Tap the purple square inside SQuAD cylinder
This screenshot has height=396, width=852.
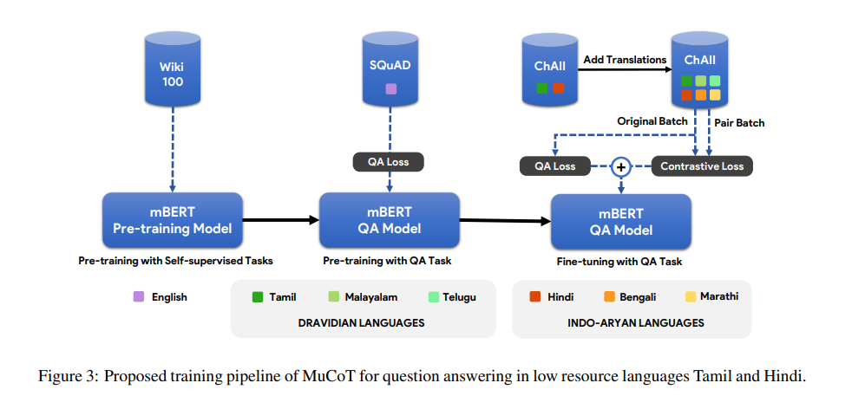point(390,88)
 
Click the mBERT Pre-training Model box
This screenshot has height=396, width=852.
point(173,220)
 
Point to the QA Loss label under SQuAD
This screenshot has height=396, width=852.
point(388,162)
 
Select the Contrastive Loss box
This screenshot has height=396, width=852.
point(702,166)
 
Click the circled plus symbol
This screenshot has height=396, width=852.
point(621,167)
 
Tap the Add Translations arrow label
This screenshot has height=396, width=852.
point(625,59)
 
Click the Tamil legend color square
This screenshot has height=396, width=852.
point(258,296)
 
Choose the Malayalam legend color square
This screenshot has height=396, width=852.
point(333,296)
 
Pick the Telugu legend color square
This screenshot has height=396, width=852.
point(433,296)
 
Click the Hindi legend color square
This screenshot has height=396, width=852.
point(534,296)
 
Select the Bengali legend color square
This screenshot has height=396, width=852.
point(609,296)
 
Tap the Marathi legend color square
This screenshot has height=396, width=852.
point(691,296)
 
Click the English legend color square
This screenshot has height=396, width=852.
point(139,296)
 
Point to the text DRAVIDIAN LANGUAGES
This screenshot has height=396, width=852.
point(361,323)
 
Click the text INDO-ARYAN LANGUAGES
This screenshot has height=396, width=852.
point(635,323)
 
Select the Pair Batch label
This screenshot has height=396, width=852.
point(739,123)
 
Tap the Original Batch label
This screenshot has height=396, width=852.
point(652,121)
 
